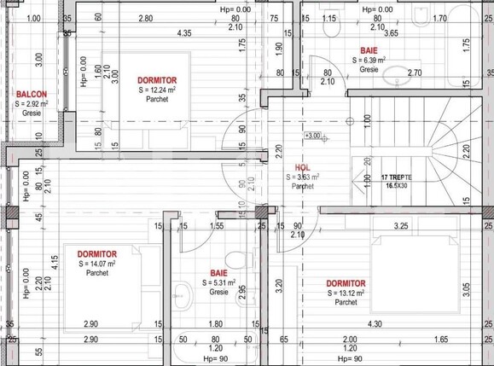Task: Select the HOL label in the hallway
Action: click(301, 168)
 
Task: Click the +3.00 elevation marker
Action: click(312, 136)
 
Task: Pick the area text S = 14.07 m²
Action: click(96, 264)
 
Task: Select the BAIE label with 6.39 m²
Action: click(369, 51)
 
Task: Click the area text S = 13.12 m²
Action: click(345, 292)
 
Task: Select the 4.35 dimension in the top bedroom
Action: click(183, 33)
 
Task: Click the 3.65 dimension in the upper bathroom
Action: click(390, 33)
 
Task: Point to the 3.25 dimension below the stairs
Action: click(398, 226)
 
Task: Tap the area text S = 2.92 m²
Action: click(30, 103)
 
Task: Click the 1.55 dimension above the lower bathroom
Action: click(217, 226)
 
